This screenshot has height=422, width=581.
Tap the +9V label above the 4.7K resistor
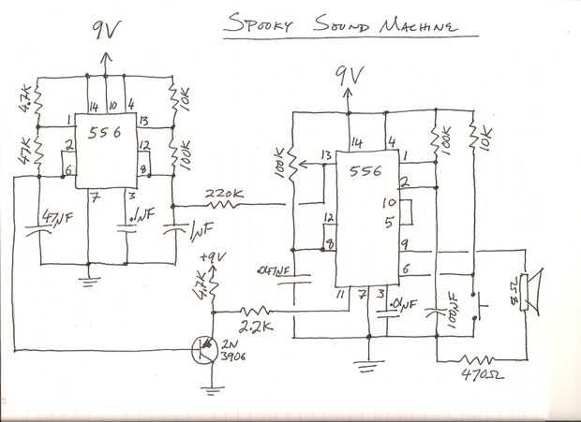(x=214, y=256)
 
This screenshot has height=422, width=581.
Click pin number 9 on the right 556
(x=405, y=244)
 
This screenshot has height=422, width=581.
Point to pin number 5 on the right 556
(x=388, y=222)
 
